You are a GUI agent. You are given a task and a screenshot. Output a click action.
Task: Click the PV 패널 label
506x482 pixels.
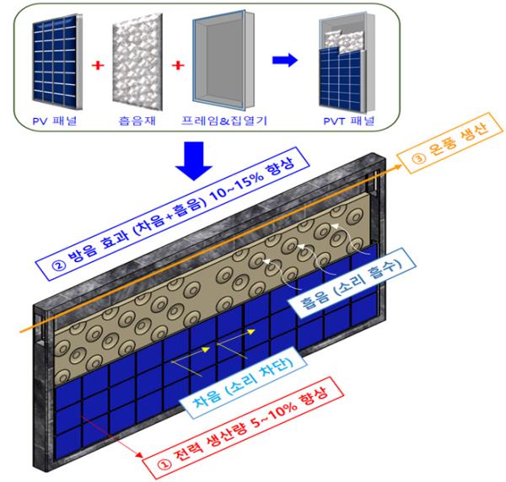click(55, 121)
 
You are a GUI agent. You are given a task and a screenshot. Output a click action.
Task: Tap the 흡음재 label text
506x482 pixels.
click(137, 121)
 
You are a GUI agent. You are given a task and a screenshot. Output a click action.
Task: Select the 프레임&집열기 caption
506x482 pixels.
click(224, 121)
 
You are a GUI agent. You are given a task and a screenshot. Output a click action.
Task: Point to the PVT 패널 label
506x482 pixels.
click(349, 121)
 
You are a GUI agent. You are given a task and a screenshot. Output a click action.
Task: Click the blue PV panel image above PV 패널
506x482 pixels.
click(57, 62)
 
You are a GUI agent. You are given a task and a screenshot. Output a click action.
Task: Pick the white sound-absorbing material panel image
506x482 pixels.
click(137, 62)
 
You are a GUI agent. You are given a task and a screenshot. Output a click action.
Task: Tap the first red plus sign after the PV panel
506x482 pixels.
click(98, 66)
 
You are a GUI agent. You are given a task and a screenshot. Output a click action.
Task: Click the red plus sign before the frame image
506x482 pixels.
click(178, 66)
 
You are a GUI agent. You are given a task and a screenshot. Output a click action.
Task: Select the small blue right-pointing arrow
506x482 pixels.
click(285, 60)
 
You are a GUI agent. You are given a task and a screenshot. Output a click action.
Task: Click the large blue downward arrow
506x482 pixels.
click(194, 161)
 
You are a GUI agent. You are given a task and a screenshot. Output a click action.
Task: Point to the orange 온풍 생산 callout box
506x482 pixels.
click(449, 142)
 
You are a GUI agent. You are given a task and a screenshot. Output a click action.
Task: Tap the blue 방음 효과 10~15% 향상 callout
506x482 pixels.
click(173, 213)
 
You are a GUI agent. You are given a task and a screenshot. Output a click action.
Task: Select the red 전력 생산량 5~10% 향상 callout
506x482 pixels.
click(244, 427)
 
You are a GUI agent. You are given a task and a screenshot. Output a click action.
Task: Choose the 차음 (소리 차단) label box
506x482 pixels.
click(243, 383)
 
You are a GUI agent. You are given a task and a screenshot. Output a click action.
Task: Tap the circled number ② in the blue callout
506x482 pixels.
click(59, 265)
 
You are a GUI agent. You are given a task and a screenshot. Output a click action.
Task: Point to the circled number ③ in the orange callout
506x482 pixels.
click(419, 158)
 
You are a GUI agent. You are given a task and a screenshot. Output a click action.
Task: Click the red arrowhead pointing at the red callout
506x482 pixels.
click(139, 454)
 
